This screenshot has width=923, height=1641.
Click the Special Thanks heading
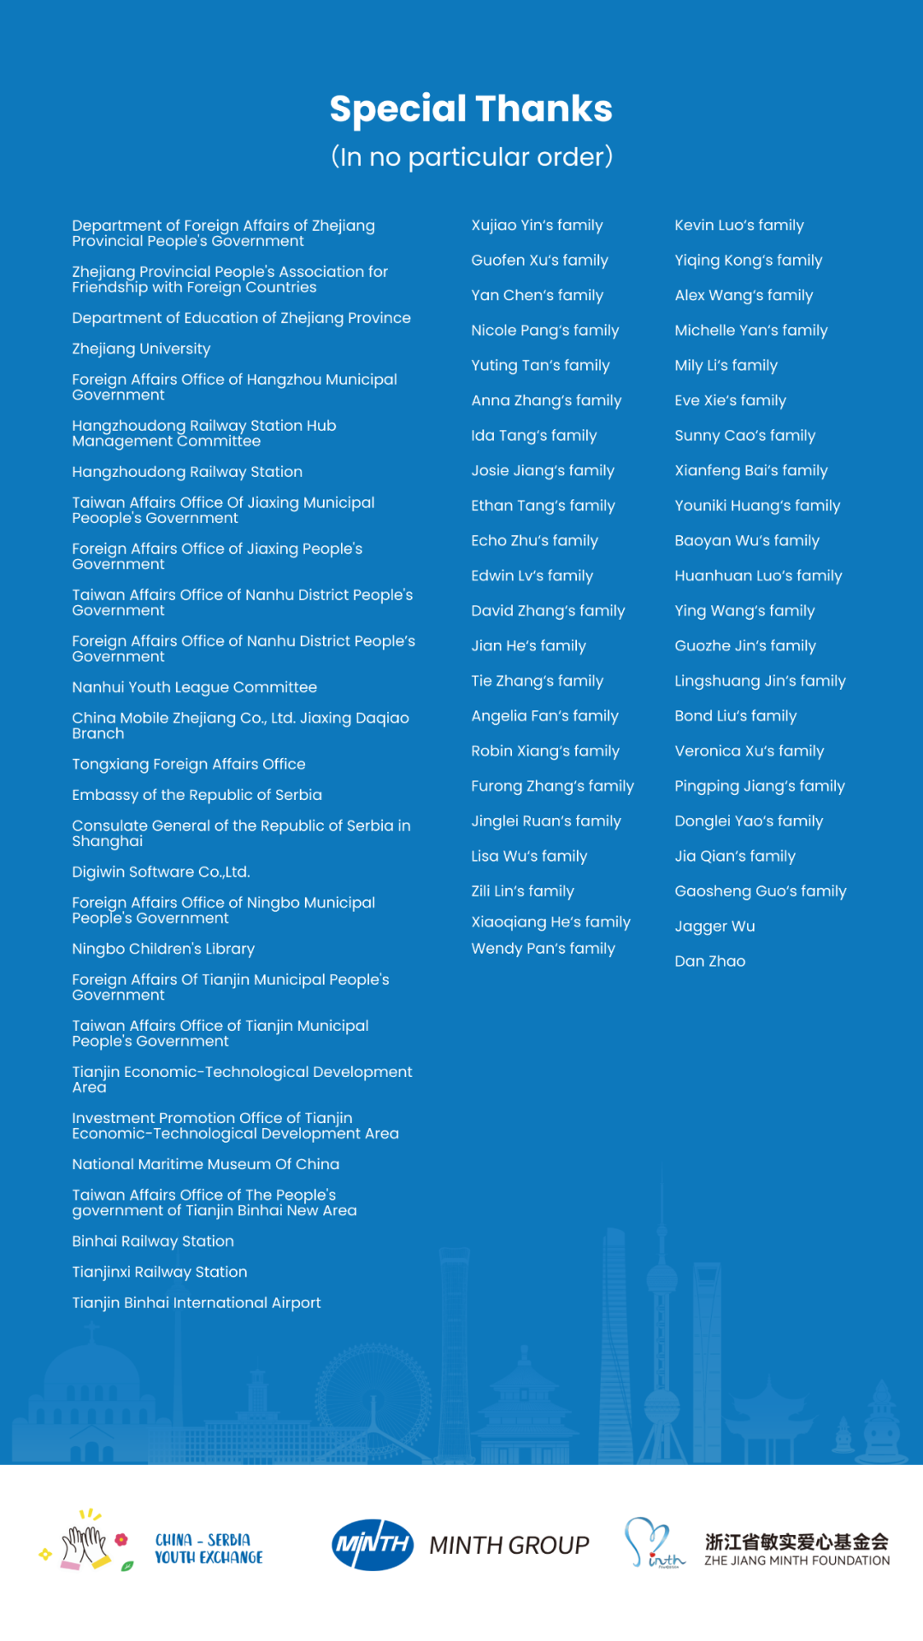[x=471, y=109]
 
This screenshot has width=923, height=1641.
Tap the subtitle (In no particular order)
[x=471, y=157]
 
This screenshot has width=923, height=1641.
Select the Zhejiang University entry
[x=141, y=349]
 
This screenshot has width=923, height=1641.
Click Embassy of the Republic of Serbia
[x=197, y=795]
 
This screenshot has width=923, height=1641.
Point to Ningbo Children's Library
[x=163, y=949]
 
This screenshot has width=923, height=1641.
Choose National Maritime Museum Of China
[x=205, y=1164]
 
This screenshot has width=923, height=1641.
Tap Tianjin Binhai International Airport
[x=196, y=1303]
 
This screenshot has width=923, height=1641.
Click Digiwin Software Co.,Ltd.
[x=161, y=872]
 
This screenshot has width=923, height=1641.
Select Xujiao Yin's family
[x=537, y=226]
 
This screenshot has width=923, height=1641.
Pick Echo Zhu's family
[x=534, y=541]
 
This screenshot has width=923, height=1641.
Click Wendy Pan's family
[x=543, y=949]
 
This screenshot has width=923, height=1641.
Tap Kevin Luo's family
[x=738, y=226]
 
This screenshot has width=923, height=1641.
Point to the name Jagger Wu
[x=714, y=926]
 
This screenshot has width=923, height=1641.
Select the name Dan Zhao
[x=709, y=962]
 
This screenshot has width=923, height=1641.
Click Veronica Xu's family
[x=749, y=751]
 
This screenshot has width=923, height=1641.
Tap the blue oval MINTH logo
[x=373, y=1544]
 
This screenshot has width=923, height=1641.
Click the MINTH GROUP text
[x=509, y=1545]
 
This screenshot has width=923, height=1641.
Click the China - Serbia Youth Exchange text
[x=209, y=1549]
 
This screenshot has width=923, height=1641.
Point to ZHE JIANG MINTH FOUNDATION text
[x=797, y=1561]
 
